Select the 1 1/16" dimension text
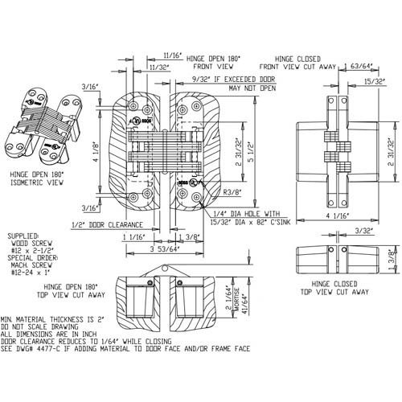coord(133,238)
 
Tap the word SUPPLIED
coord(22,239)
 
